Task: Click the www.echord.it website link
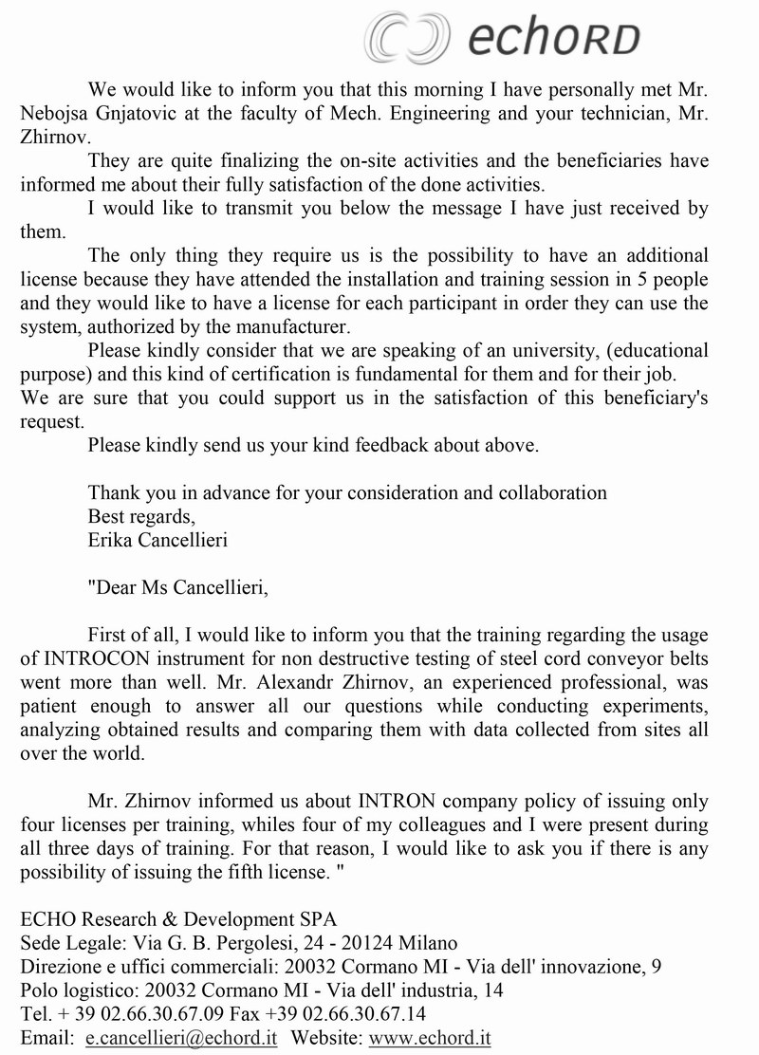[430, 1038]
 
